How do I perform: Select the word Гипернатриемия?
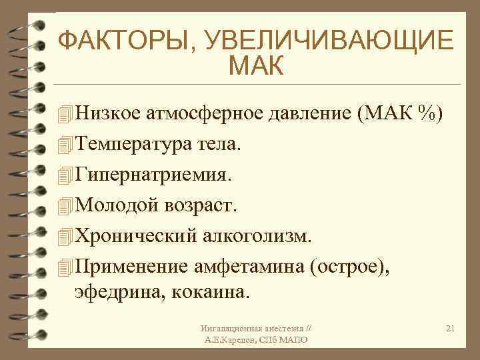click(x=154, y=175)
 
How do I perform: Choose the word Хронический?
click(x=133, y=236)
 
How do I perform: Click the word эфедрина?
click(x=113, y=292)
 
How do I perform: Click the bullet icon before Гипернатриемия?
click(x=63, y=175)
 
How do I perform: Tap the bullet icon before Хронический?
click(x=63, y=237)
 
